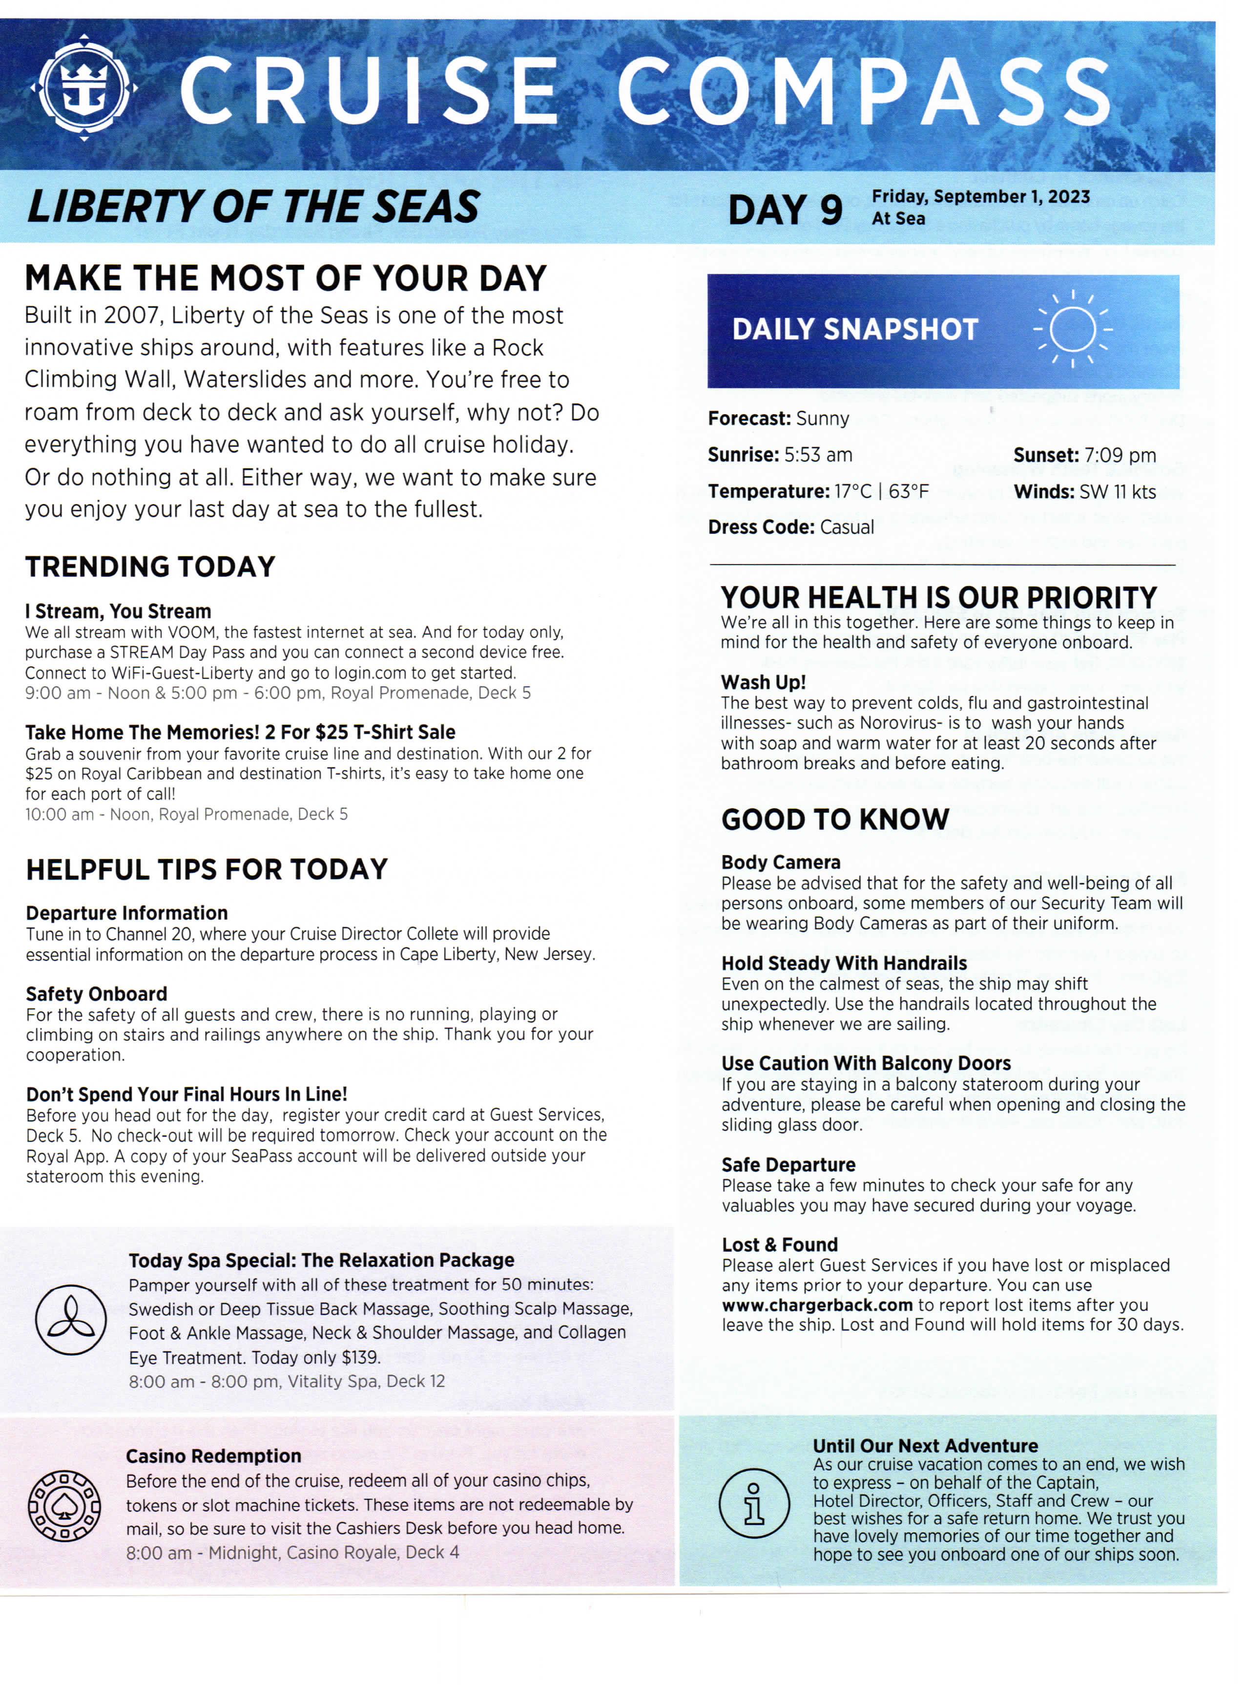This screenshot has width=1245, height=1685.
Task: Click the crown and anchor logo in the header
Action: (84, 89)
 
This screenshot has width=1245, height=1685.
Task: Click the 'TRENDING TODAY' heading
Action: (151, 567)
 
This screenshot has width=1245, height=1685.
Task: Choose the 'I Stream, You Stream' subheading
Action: (118, 611)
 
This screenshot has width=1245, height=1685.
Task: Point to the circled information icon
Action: (754, 1503)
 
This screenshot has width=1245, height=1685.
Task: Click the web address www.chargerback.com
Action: (817, 1305)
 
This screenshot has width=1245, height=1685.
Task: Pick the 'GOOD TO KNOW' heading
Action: (835, 820)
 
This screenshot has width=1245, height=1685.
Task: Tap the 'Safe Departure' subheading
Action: (788, 1165)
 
